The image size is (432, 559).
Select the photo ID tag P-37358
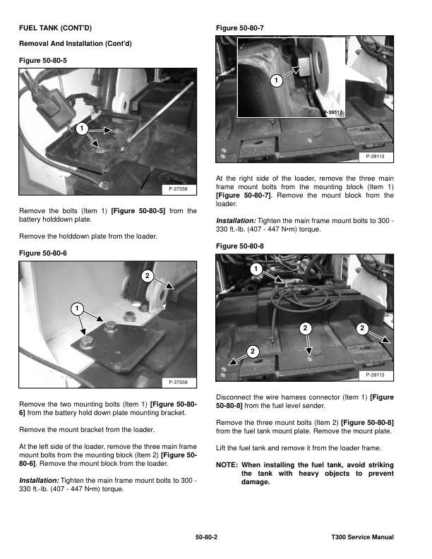tap(178, 189)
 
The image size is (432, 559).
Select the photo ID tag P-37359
tap(178, 383)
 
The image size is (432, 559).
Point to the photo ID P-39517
tap(332, 113)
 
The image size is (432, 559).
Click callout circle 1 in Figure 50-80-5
tap(82, 128)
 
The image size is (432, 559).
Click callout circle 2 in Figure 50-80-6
tap(148, 275)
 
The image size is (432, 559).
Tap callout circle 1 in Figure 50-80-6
tap(74, 308)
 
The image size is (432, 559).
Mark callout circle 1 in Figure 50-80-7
tap(275, 82)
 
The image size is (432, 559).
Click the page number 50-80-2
tap(206, 538)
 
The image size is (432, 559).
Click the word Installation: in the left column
tap(39, 480)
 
